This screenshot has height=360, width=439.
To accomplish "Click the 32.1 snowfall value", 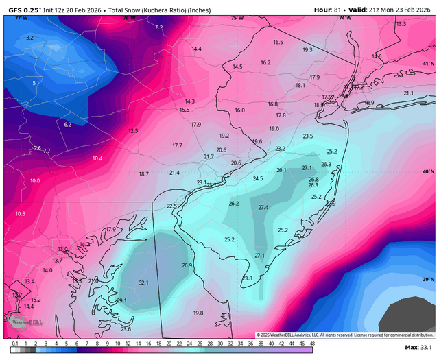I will click(143, 283).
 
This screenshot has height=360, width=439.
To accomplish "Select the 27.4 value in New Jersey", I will click(263, 208).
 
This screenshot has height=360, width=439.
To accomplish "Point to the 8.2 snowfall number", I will click(159, 27).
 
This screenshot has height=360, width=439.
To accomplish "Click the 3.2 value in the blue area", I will click(29, 38).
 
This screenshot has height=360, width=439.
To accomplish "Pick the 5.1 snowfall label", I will click(36, 83).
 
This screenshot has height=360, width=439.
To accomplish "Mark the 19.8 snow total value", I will click(198, 313).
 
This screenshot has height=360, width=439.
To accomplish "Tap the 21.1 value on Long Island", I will click(409, 93).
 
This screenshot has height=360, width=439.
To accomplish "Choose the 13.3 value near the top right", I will click(401, 24).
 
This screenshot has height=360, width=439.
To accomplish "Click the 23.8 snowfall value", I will click(247, 278).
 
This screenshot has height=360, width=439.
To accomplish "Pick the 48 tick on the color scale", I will click(312, 344).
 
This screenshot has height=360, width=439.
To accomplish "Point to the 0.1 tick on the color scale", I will click(14, 344).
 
